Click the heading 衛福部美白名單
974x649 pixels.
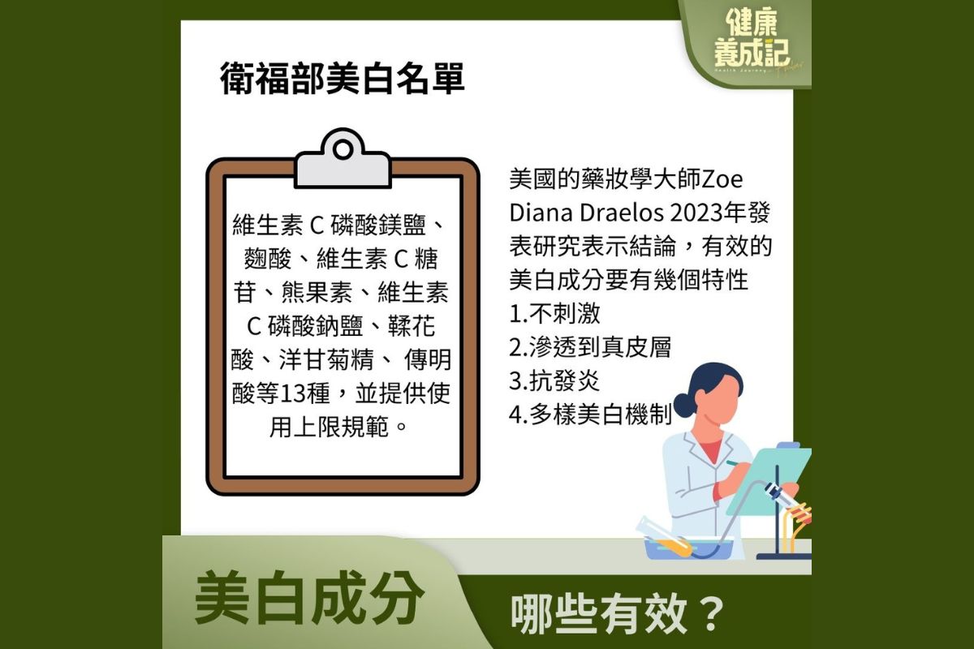pos(343,79)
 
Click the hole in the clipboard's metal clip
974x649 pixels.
pos(343,149)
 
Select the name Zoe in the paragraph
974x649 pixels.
pos(722,179)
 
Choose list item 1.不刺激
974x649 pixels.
pos(555,313)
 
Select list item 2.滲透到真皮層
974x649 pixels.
pos(590,347)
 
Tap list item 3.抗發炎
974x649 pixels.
pos(554,380)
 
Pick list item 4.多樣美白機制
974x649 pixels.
pos(591,415)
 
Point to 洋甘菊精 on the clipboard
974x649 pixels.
pos(326,360)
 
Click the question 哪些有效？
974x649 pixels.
pos(618,615)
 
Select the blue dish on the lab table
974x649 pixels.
pos(688,549)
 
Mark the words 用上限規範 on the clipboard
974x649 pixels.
pos(329,428)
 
